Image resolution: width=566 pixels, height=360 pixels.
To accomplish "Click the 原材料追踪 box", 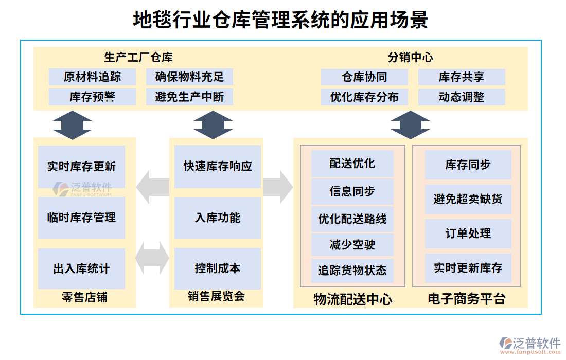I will point(93,77).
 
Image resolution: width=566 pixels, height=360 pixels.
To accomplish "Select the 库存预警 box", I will point(93,97).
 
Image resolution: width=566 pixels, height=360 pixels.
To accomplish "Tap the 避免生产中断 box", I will point(189,97).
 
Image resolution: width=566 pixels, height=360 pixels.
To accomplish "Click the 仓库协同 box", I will point(364,77).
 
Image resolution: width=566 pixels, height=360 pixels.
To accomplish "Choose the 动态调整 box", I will point(462,97).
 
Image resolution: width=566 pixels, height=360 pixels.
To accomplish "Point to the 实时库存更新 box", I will point(81,167).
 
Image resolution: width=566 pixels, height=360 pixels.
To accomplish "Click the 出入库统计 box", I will point(81,268).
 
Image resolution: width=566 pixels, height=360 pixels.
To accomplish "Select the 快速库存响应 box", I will point(218,167).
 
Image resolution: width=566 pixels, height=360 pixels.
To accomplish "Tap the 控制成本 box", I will point(218,268).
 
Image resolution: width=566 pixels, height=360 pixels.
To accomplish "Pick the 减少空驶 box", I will point(352,245).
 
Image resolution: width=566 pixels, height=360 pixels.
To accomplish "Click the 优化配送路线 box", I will point(352,219).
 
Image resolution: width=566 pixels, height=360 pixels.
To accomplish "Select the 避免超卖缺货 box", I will point(468,199).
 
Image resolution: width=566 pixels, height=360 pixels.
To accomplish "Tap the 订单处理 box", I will point(468,233).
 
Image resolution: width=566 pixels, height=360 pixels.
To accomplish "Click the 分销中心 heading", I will point(410,58).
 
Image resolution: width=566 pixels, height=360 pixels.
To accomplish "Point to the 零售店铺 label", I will point(84,297).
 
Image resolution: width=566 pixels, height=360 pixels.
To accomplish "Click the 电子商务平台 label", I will point(467,299).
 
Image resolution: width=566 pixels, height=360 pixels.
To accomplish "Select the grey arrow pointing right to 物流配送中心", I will point(278,186).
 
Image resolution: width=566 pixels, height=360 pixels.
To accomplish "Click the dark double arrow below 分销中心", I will point(410,124).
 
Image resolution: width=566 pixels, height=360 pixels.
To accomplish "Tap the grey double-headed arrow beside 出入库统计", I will point(153,258).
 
